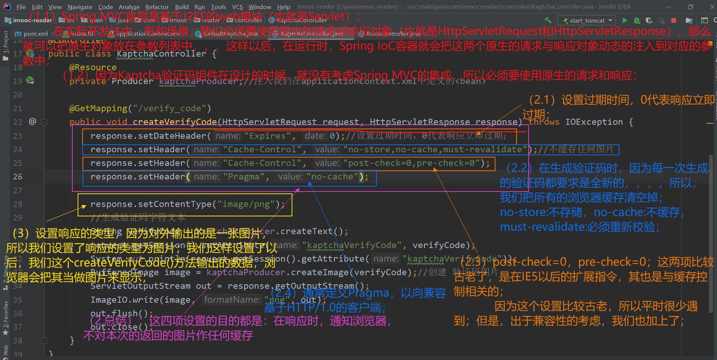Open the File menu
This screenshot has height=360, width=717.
(21, 7)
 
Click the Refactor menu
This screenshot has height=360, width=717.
(157, 7)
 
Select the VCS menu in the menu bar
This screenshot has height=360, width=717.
(237, 7)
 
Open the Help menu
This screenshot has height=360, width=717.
(284, 7)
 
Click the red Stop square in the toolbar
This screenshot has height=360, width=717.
(674, 20)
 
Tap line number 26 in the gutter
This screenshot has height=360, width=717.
(18, 177)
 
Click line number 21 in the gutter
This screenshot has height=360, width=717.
(18, 109)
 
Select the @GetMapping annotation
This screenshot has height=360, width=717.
(98, 109)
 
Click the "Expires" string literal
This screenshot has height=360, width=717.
(268, 136)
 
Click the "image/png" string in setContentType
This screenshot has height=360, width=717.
(246, 204)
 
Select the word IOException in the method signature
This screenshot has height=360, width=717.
(594, 122)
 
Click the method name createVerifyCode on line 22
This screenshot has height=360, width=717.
(174, 122)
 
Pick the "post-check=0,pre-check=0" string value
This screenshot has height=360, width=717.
(414, 163)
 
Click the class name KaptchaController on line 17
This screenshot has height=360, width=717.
(161, 54)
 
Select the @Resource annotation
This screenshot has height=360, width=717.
(93, 67)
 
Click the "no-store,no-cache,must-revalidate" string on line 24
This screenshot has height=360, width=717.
(435, 150)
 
